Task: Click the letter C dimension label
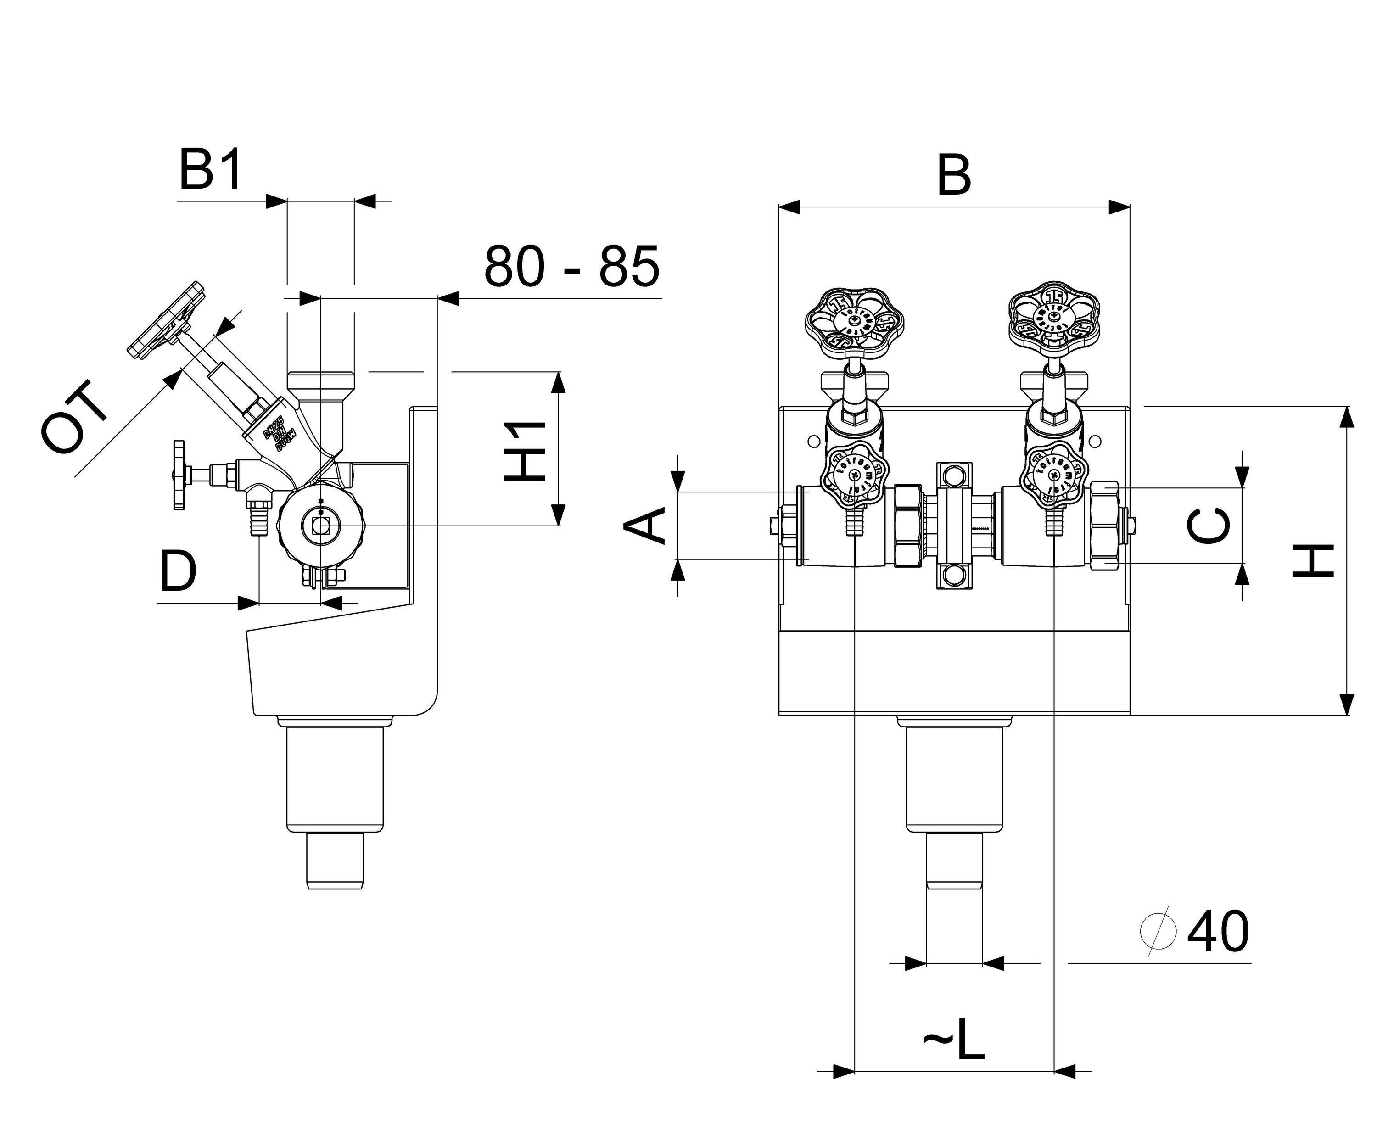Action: point(1209,526)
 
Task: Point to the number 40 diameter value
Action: point(1217,932)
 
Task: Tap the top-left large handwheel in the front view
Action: point(855,324)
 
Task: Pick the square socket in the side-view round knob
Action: point(320,526)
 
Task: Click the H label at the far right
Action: point(1313,560)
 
